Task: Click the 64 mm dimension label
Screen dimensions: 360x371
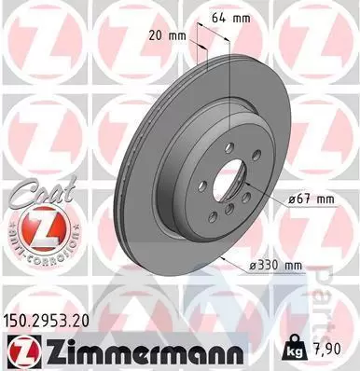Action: click(230, 19)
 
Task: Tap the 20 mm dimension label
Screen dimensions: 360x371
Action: click(167, 36)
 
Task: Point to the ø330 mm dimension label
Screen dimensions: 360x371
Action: click(275, 266)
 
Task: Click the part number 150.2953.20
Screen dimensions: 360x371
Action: click(46, 322)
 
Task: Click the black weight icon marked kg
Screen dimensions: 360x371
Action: click(295, 349)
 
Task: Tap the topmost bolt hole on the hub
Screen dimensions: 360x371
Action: click(230, 146)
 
